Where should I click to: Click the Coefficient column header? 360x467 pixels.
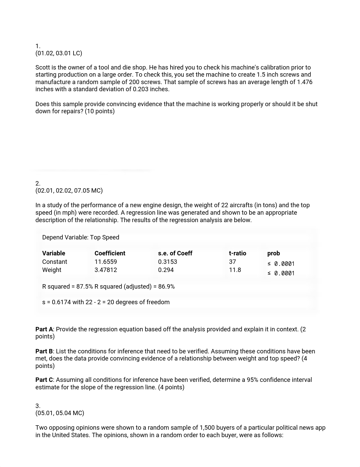[110, 253]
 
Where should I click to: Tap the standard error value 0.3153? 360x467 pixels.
[167, 262]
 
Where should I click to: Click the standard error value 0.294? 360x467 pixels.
[166, 270]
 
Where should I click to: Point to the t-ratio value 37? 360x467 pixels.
[232, 262]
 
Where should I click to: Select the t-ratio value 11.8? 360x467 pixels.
[235, 270]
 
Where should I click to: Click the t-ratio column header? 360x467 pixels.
[237, 253]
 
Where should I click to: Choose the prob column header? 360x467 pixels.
[274, 253]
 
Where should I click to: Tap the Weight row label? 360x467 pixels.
[52, 270]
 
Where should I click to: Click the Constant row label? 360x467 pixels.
[55, 262]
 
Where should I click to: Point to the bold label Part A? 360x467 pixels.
[44, 329]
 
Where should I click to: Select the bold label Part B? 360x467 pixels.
[44, 351]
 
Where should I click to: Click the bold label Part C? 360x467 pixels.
[44, 380]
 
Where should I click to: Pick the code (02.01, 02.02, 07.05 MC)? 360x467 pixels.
[69, 191]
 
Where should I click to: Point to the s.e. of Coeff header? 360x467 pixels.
[175, 253]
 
